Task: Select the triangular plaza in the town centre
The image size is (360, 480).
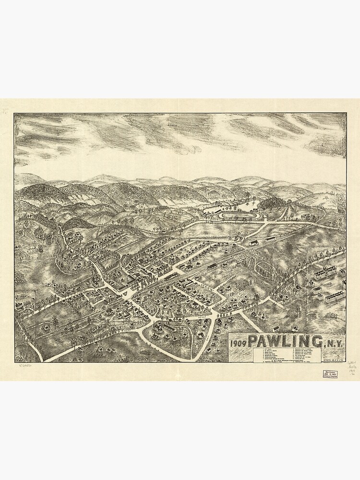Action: [x=124, y=290]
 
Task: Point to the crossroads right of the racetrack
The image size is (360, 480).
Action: [x=279, y=220]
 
